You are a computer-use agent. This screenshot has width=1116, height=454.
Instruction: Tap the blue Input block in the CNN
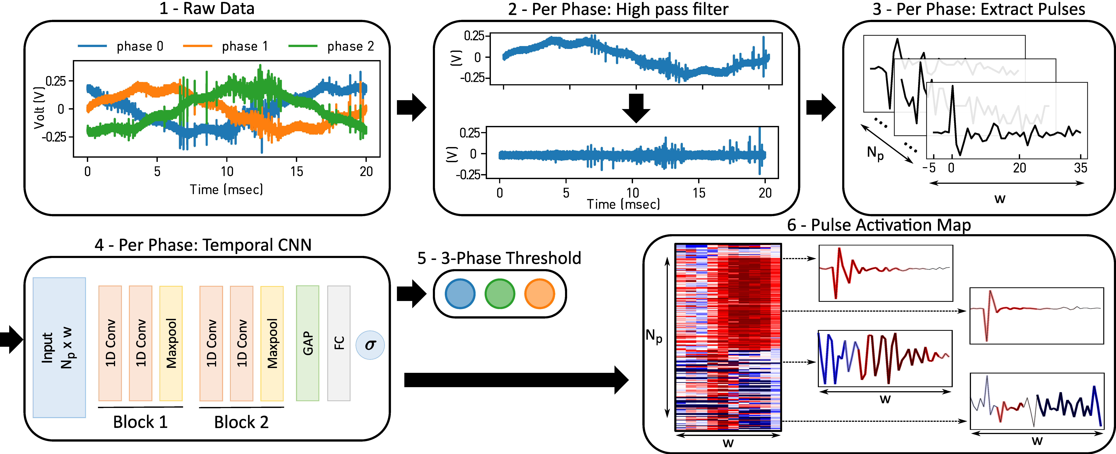[59, 348]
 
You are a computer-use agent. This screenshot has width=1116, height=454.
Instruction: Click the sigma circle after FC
[370, 345]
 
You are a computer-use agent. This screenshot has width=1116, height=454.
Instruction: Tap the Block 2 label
[241, 422]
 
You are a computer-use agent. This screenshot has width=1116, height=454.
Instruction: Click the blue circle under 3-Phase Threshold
[460, 294]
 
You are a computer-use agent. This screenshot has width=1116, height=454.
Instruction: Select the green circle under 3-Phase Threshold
[500, 294]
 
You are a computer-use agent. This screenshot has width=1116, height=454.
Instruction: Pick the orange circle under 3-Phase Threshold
[540, 294]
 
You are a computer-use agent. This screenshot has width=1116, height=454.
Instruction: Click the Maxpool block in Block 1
[171, 343]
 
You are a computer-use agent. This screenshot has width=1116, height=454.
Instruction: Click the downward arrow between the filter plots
[636, 108]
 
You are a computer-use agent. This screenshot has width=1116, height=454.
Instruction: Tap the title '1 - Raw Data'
[207, 9]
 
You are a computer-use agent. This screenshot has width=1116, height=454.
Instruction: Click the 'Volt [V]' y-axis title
[39, 108]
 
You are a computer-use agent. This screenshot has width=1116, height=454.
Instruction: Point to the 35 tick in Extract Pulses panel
[1081, 168]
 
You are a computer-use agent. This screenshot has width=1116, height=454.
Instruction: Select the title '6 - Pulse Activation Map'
[879, 225]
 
